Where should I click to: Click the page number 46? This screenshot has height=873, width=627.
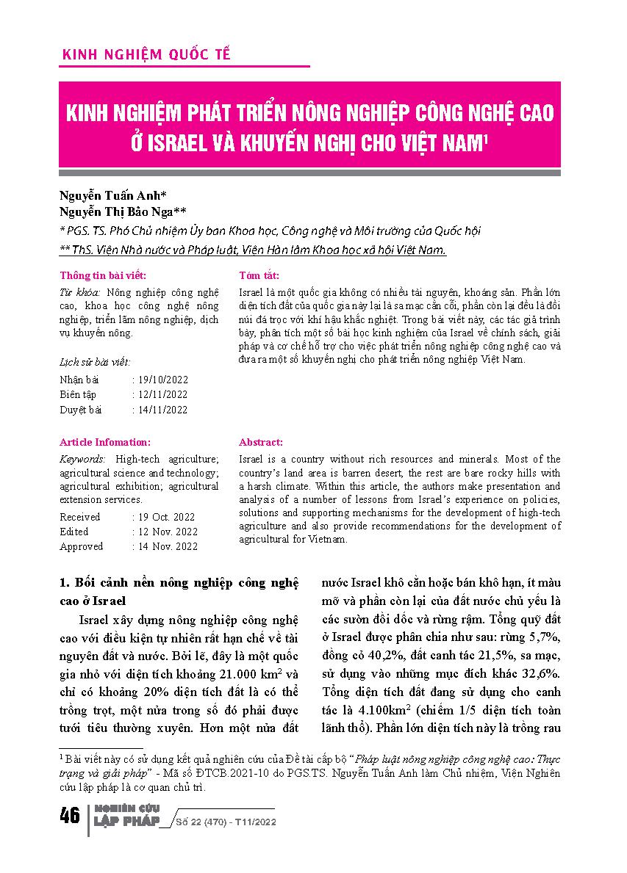(70, 816)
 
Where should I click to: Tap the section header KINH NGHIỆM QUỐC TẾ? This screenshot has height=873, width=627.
(147, 55)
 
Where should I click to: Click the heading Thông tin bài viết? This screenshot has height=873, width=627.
(103, 276)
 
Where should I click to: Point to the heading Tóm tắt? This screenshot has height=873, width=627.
(259, 276)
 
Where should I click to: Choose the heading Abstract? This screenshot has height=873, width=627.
(261, 443)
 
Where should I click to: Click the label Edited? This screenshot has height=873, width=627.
(74, 532)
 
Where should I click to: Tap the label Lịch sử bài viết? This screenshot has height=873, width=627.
(95, 362)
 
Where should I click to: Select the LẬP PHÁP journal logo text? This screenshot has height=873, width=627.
(126, 822)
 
